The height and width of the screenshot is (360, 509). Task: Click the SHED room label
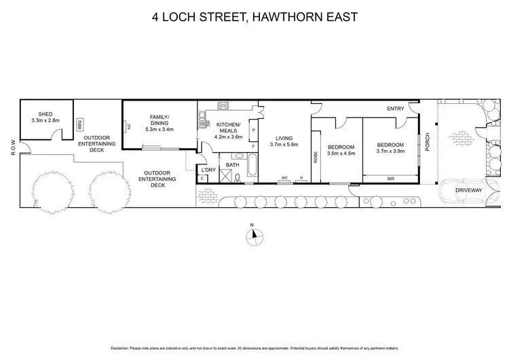tap(45, 113)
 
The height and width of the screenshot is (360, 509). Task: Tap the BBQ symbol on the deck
tap(79, 125)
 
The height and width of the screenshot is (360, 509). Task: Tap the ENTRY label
tap(396, 109)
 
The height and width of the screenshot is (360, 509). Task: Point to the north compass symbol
tap(254, 234)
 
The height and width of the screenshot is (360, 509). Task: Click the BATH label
tap(232, 165)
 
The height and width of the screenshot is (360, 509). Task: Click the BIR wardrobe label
tap(390, 178)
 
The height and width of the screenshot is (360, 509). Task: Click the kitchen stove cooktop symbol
tap(223, 105)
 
